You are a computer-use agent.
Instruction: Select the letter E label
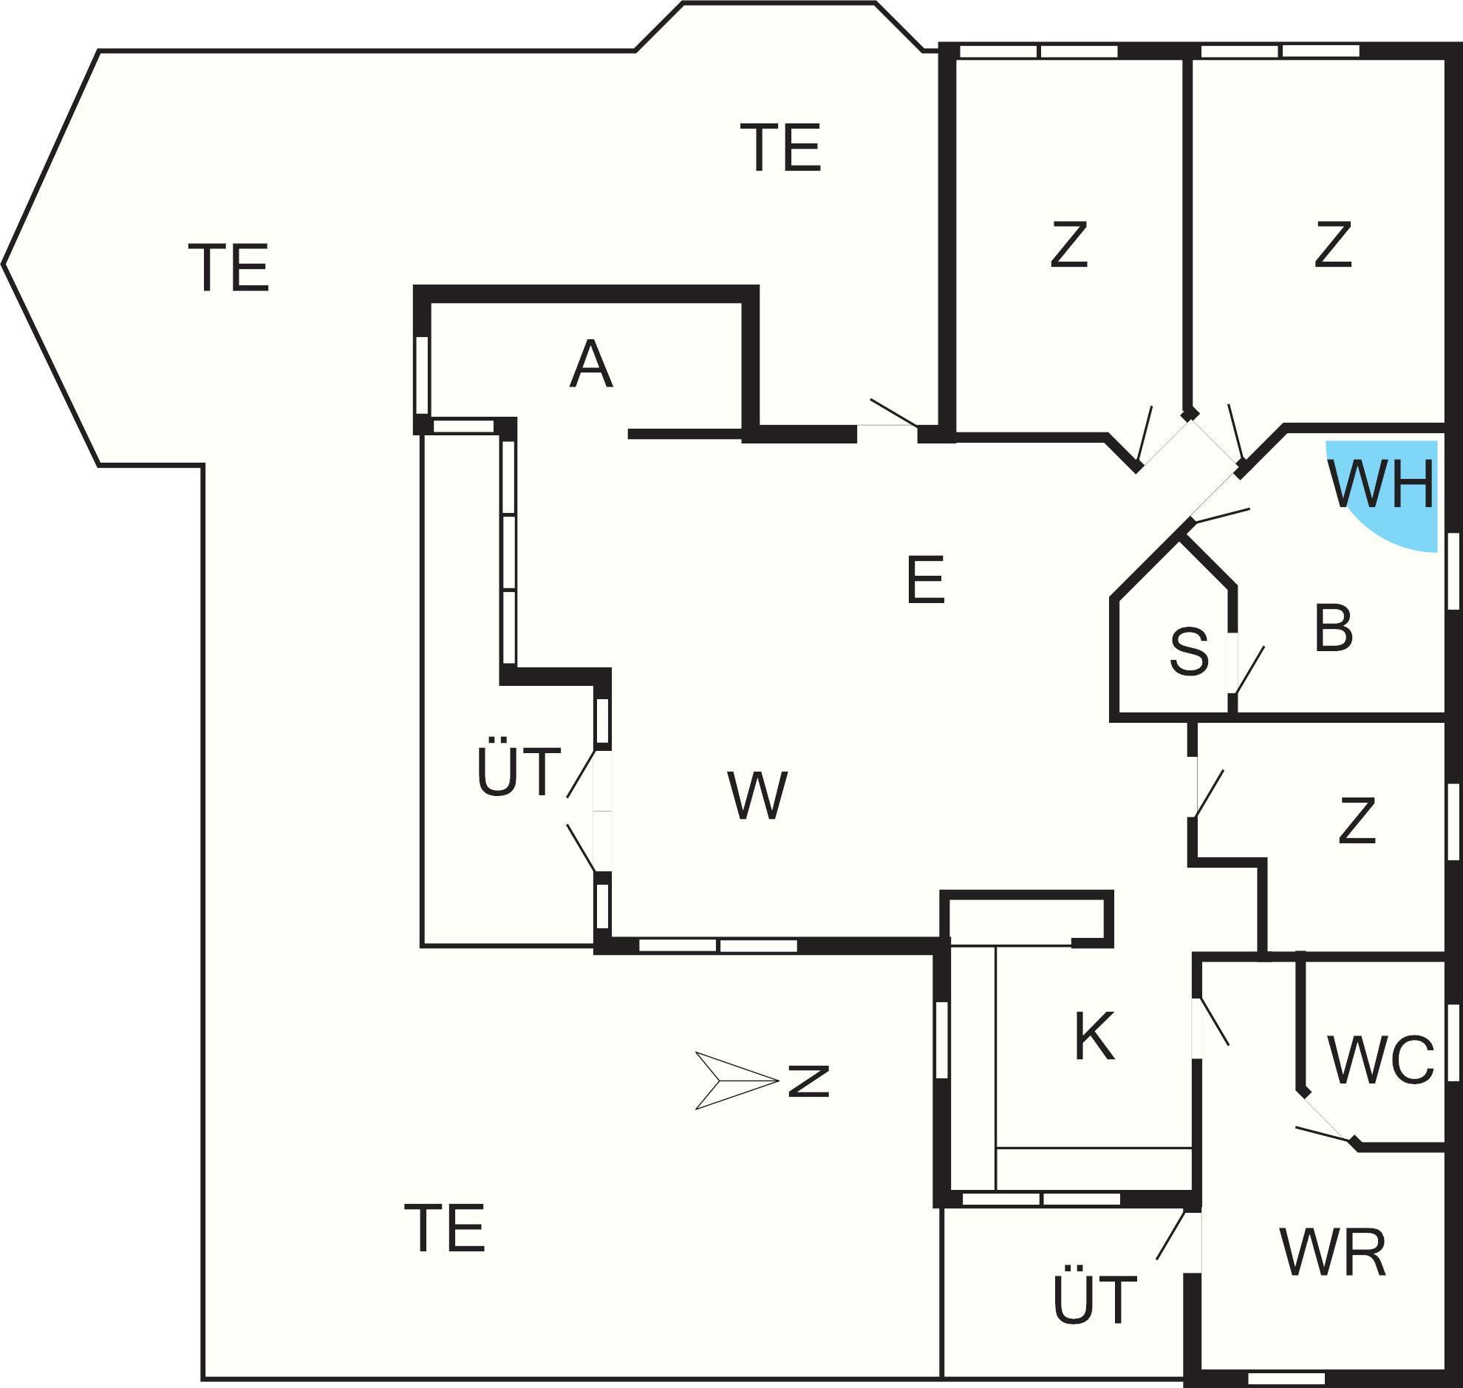point(925,581)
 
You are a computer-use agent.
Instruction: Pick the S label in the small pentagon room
point(1189,652)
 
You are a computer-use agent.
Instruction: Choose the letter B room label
point(1334,630)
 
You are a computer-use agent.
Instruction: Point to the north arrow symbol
point(735,1081)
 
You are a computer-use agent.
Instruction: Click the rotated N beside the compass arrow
point(809,1081)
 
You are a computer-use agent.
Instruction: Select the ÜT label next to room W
point(519,772)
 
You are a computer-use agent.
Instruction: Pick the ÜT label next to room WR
point(1094,1299)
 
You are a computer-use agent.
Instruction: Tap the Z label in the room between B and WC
point(1357,821)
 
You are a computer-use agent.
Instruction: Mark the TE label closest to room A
point(780,148)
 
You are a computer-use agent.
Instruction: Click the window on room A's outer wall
point(422,375)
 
